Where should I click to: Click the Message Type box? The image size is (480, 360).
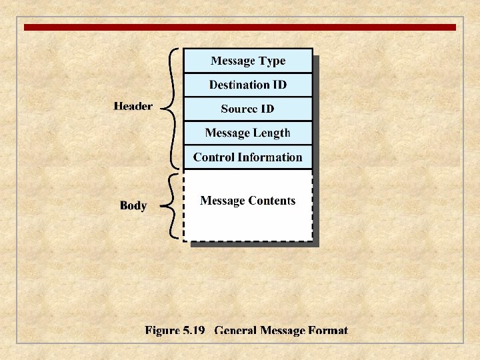coord(248,61)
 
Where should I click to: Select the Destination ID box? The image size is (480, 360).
coord(248,85)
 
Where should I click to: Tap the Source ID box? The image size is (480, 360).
coord(248,109)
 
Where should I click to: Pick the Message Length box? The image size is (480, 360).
coord(248,133)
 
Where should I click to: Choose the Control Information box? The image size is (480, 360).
coord(248,157)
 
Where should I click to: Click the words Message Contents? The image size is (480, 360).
coord(248,201)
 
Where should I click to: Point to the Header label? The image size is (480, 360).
coord(133,106)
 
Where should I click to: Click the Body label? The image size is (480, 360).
coord(133,205)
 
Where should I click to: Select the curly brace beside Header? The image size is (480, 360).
coord(171,107)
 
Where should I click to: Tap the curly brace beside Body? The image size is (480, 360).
coord(172,205)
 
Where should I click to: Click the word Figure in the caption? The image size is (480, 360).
coord(162,331)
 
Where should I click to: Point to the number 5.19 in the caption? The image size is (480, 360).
coord(193,331)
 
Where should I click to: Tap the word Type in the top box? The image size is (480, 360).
coord(272,61)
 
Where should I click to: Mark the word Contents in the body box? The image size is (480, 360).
coord(272,201)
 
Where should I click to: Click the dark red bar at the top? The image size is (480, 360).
coord(240,27)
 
